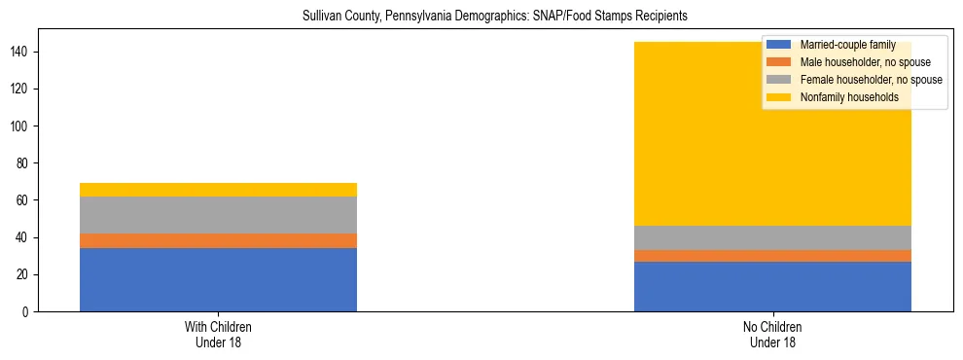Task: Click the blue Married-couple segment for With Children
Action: coord(218,279)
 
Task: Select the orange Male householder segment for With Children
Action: coord(218,240)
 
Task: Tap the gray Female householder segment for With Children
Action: coord(218,215)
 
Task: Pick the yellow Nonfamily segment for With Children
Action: coord(218,190)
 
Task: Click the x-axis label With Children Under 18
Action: coord(218,335)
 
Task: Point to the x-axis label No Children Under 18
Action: coord(772,335)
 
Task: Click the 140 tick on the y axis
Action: coord(28,52)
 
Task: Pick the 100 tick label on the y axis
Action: coord(28,126)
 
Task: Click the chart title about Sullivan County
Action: coord(481,17)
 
